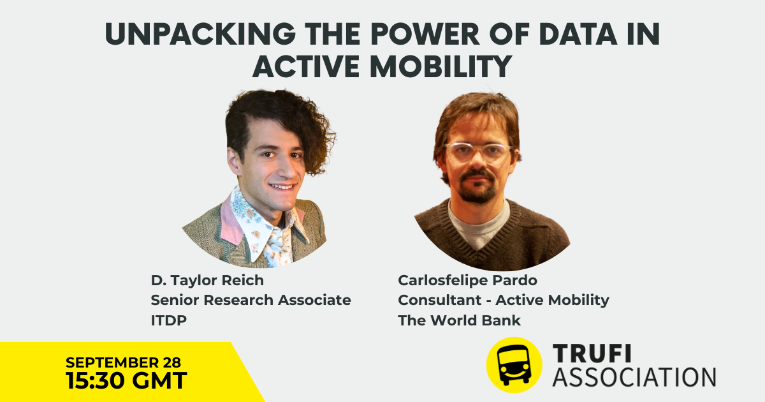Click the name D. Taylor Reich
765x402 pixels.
(x=207, y=280)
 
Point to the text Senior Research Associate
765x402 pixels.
(x=251, y=300)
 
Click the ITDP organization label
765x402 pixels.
(x=169, y=320)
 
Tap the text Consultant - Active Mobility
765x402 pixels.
(x=504, y=300)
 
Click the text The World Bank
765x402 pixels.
(x=459, y=320)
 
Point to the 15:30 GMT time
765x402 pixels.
(x=126, y=381)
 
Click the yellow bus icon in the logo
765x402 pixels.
(x=514, y=365)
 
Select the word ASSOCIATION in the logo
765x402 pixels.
(x=634, y=376)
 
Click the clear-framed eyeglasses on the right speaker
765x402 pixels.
(x=478, y=153)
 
